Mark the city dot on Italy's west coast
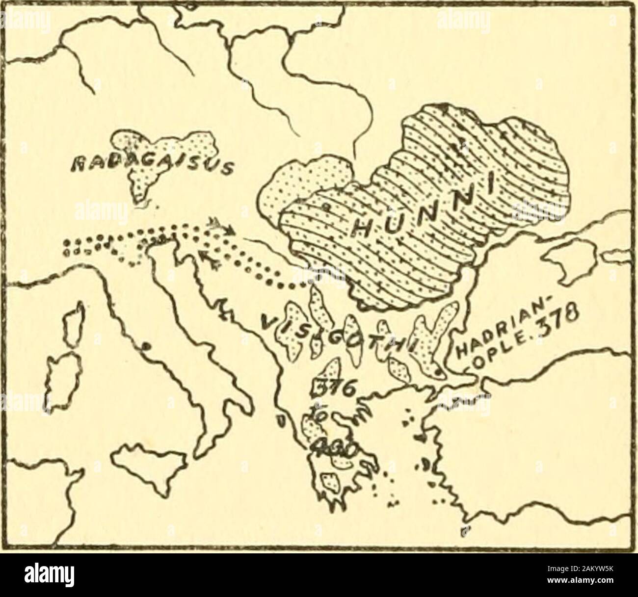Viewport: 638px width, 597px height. point(145,347)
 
